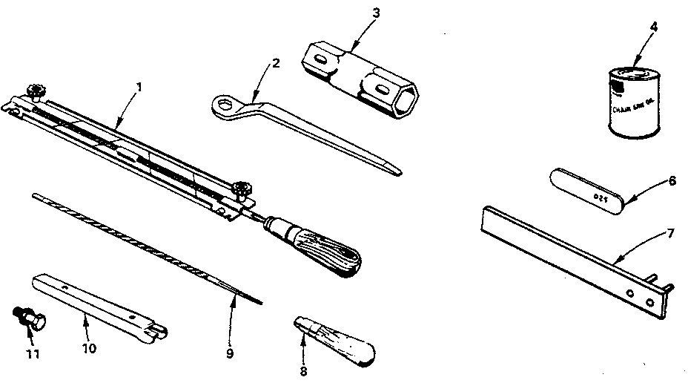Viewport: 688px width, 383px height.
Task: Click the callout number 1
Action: point(140,86)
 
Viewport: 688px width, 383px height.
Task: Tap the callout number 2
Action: point(275,63)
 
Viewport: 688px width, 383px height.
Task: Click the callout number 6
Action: point(672,180)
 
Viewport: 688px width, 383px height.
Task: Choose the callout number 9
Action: point(229,354)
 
